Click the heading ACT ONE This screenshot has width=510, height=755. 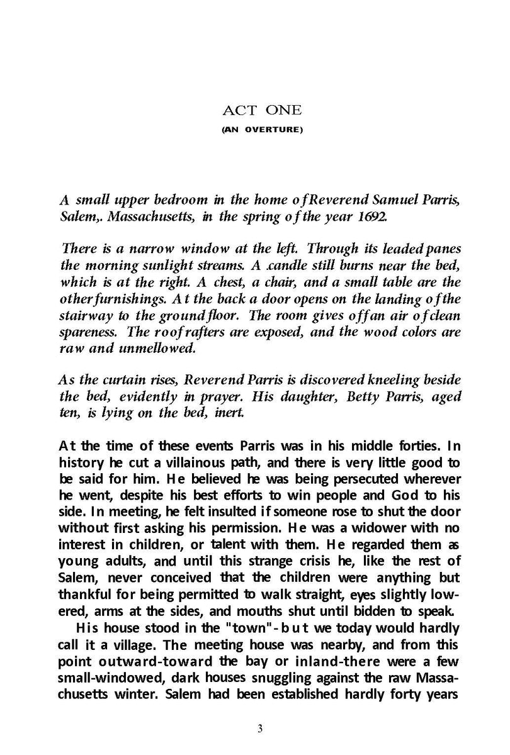click(x=255, y=111)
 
